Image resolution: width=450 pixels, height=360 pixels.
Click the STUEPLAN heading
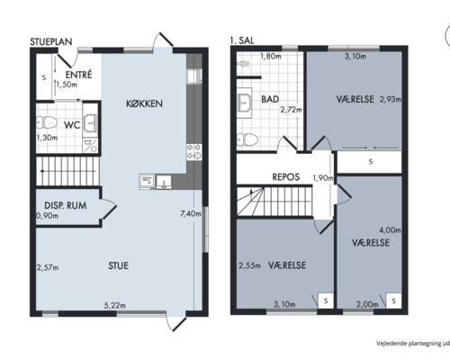coord(51,41)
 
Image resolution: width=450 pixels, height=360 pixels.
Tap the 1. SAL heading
coord(242,40)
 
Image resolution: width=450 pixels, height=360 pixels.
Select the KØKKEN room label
coord(144,103)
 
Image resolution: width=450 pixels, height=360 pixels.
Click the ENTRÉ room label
coord(78,75)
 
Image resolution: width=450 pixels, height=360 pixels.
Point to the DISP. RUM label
coord(66,205)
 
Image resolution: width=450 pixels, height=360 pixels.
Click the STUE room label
coord(118,265)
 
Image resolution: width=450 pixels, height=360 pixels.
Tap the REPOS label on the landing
coord(285,177)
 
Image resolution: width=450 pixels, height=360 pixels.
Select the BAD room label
coord(270,99)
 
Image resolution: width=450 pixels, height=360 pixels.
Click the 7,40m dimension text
coord(190,213)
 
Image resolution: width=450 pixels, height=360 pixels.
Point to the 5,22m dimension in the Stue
coord(115,305)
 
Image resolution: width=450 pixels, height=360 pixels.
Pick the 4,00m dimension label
coord(390,230)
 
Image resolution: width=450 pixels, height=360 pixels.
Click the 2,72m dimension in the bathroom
coord(291,110)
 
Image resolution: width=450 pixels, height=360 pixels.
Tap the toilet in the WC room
coord(47,122)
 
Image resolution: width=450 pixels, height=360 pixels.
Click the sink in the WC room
coord(90,123)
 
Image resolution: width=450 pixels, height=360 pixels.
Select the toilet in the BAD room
coord(247,139)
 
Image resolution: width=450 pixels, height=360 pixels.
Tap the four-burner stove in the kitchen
coord(194,152)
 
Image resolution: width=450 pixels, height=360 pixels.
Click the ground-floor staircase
coord(68,171)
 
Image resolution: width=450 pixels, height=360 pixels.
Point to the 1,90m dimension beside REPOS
coord(323,178)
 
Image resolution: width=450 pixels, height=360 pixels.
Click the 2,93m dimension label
coord(391,99)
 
